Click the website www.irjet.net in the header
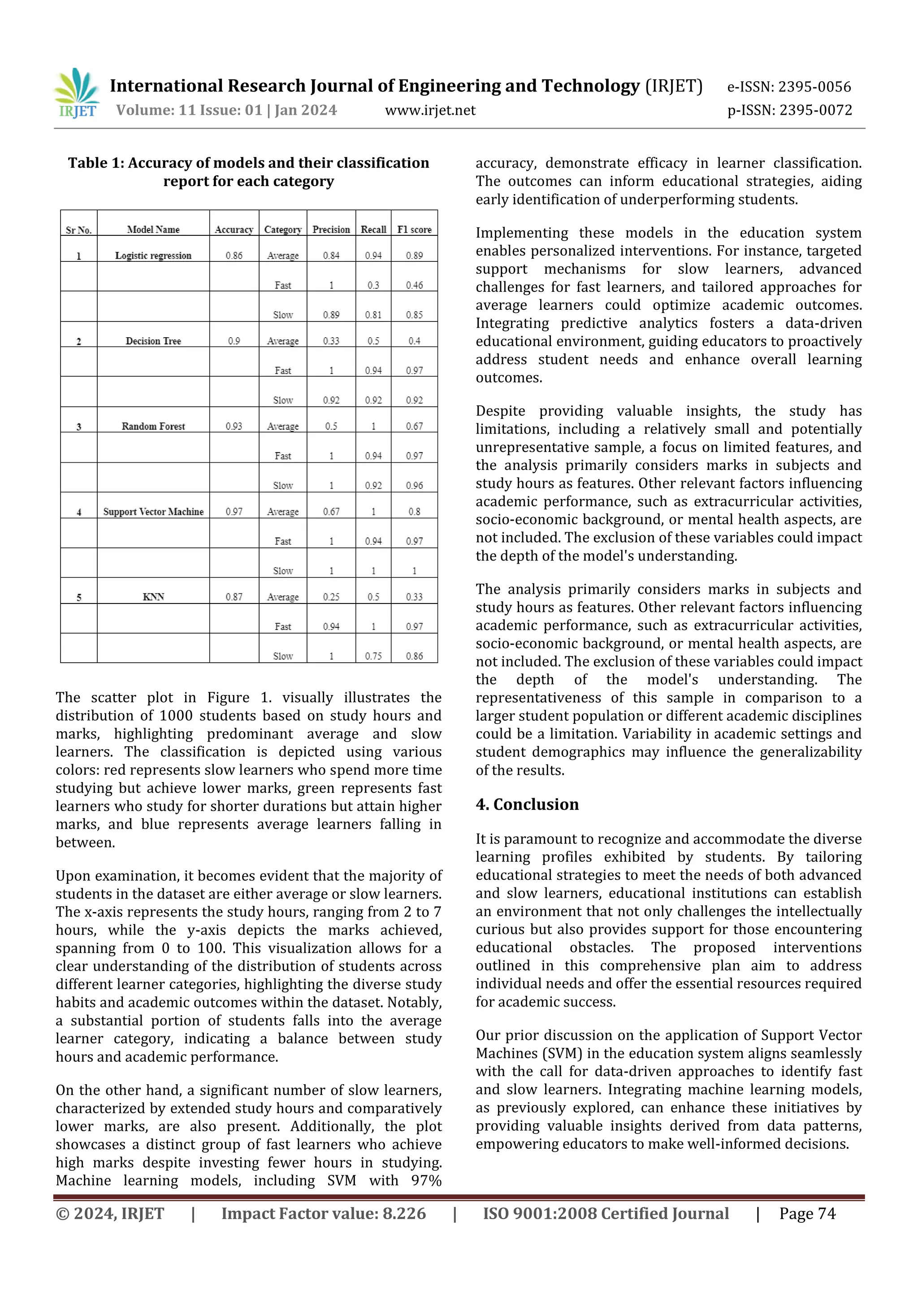click(430, 110)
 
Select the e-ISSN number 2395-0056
click(814, 87)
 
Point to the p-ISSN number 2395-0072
click(815, 110)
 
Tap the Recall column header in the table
click(373, 230)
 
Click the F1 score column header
click(414, 230)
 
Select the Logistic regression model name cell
click(153, 256)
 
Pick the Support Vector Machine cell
click(153, 512)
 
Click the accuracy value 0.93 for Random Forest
click(234, 426)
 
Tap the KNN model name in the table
click(153, 597)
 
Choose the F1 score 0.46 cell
click(414, 285)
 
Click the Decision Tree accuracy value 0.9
click(234, 341)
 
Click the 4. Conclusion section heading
click(527, 804)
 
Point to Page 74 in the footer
click(807, 1213)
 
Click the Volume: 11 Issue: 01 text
click(190, 110)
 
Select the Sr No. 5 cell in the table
click(78, 597)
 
